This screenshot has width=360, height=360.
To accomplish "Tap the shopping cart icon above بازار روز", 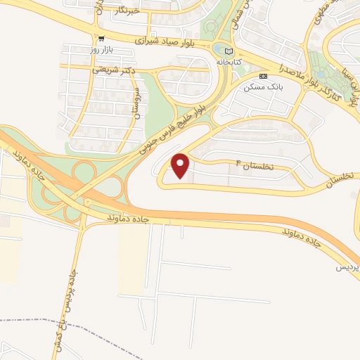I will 102,40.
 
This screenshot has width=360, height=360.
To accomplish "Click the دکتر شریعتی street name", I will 108,70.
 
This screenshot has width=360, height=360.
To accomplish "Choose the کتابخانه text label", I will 246,61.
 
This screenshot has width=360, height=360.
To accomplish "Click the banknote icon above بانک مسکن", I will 263,76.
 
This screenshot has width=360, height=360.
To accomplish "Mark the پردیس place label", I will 348,268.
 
